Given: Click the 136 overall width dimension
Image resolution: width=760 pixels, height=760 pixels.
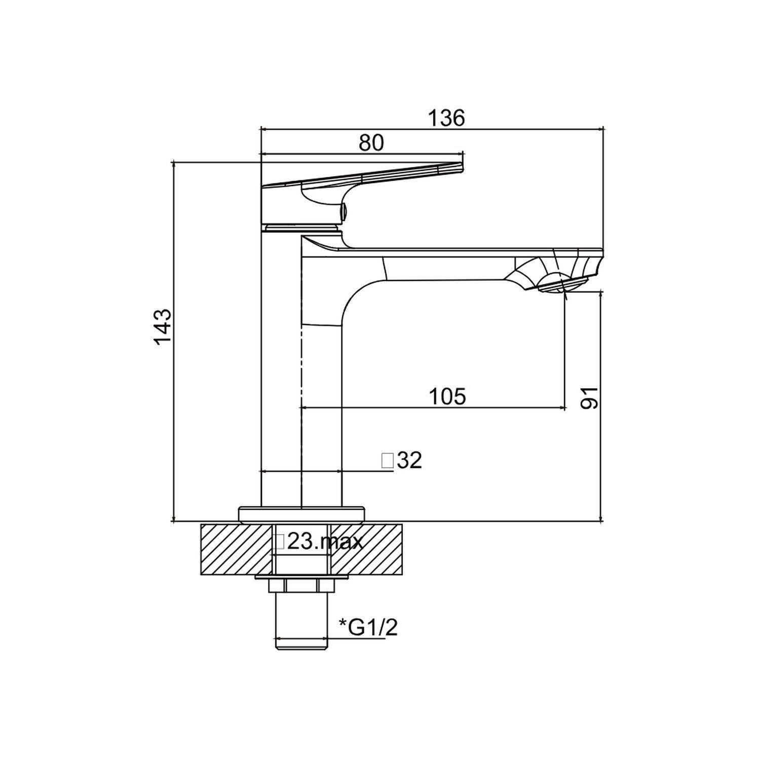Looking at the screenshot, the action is [x=446, y=118].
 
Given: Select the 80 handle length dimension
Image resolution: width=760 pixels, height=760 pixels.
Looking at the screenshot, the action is [x=371, y=143].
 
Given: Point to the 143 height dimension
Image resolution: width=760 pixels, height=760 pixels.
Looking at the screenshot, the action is [x=163, y=327].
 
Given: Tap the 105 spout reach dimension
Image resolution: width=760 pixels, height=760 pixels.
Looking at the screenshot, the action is [x=447, y=396].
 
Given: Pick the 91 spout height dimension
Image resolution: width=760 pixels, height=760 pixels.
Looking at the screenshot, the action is [x=589, y=398].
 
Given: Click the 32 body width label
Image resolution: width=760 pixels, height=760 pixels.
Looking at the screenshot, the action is [x=410, y=461].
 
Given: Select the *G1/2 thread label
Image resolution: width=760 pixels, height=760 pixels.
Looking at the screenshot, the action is [x=368, y=628].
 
